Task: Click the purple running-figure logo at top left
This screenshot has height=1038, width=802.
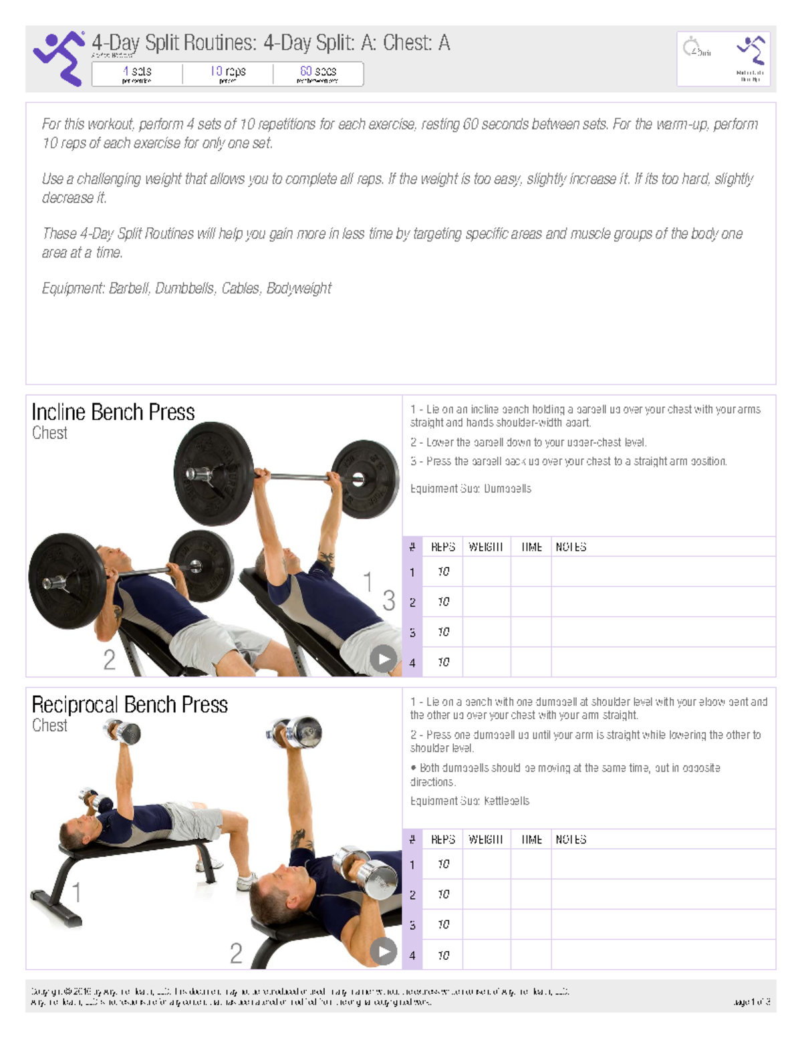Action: click(x=59, y=58)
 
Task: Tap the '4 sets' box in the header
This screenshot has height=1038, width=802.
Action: click(x=137, y=74)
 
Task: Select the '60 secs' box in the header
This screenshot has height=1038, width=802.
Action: click(x=318, y=74)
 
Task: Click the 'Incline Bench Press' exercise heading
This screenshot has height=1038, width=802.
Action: click(x=114, y=412)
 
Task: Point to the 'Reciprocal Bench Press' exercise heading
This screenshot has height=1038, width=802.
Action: click(x=130, y=704)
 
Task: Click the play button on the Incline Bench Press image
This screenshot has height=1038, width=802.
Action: click(x=383, y=659)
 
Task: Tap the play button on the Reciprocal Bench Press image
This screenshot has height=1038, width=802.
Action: click(x=383, y=951)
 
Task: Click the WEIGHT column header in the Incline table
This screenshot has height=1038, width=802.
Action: click(x=486, y=547)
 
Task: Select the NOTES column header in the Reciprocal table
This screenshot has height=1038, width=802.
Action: click(x=571, y=839)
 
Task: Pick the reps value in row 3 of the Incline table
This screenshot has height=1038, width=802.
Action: click(x=443, y=632)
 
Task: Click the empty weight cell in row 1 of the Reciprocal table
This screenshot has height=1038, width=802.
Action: click(x=487, y=864)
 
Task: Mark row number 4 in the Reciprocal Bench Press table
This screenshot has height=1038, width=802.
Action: click(x=412, y=955)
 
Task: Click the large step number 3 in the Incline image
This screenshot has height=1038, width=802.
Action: click(x=388, y=600)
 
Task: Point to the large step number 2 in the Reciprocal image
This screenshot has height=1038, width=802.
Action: click(x=236, y=953)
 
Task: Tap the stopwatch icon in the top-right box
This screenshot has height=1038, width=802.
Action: click(x=690, y=47)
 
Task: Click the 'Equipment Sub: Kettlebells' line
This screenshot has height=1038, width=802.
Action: click(x=470, y=801)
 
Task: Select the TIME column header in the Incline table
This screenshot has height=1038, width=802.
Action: click(x=531, y=547)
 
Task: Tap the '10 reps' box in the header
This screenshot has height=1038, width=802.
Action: click(x=228, y=74)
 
